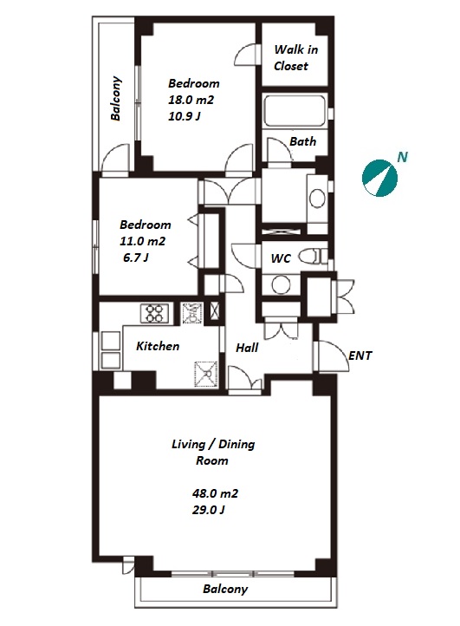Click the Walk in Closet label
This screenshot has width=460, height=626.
295,58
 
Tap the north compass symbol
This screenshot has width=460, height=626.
379,179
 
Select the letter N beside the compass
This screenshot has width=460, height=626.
403,157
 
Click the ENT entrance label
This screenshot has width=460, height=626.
360,355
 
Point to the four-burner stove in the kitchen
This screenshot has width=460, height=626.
154,313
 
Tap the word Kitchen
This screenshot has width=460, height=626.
158,346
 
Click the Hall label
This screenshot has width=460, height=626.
247,348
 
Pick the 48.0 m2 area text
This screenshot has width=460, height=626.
215,493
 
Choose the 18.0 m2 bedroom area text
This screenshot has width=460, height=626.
191,100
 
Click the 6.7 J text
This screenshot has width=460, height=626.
136,258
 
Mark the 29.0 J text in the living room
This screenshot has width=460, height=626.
208,510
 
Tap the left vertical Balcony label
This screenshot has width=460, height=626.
116,98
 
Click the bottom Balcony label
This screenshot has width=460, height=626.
225,589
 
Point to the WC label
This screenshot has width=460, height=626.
281,258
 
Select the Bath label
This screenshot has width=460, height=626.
303,141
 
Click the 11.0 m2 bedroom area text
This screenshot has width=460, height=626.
142,241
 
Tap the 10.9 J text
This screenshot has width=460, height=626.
184,116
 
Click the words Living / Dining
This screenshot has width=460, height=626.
213,444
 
